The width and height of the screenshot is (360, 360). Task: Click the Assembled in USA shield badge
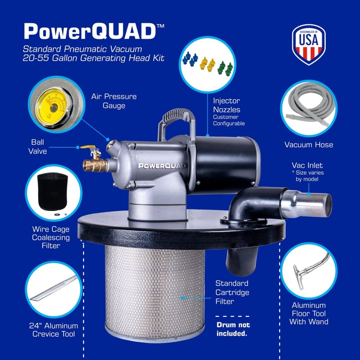(309, 44)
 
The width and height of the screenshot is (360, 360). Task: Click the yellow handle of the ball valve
(88, 147)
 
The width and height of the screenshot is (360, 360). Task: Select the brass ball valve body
(95, 164)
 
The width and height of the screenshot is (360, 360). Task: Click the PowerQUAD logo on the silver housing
(162, 166)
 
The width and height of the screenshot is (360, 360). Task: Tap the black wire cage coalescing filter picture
(53, 191)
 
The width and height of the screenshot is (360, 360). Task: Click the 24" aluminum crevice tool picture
(54, 289)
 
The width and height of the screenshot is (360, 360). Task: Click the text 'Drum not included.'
(233, 329)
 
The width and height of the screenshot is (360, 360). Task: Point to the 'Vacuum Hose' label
(308, 145)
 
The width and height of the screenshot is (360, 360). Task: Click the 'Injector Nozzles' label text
(227, 105)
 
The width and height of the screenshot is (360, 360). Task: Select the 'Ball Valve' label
(38, 147)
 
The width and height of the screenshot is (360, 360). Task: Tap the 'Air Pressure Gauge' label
(114, 101)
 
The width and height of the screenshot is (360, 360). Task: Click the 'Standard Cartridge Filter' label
(232, 292)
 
